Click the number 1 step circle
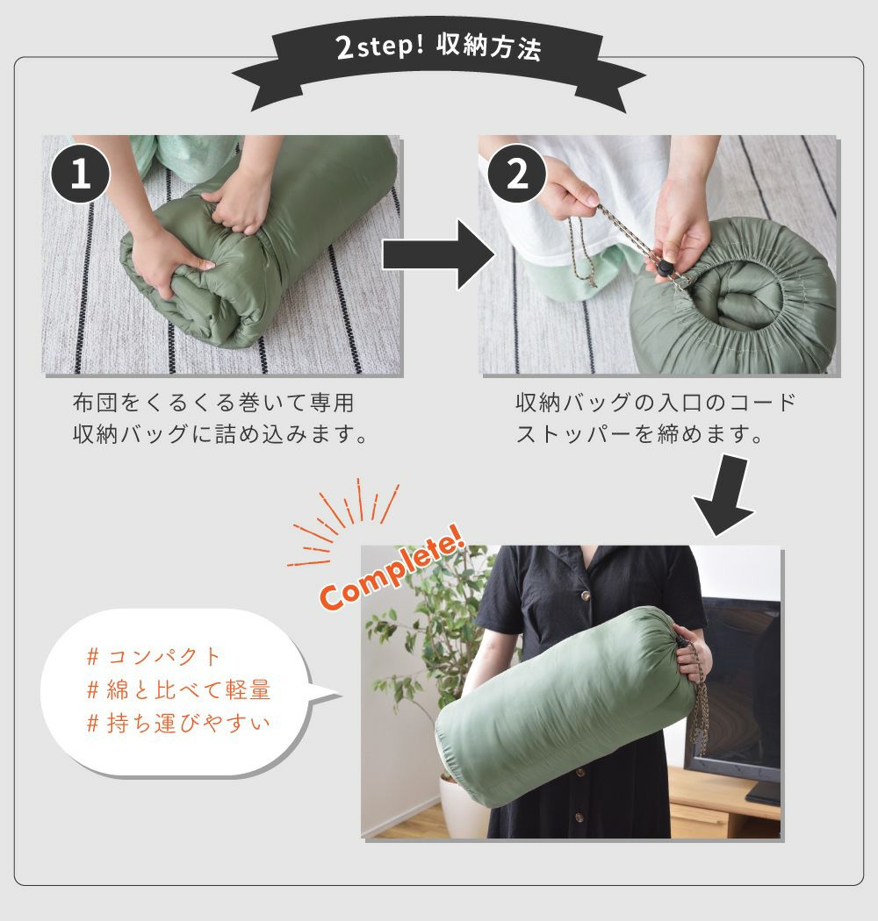click(81, 174)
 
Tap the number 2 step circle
click(517, 174)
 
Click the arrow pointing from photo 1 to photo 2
click(439, 255)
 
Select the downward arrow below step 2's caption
click(724, 495)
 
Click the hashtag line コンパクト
click(154, 656)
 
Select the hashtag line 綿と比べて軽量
click(178, 689)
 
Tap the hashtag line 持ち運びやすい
click(178, 723)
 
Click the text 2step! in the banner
click(379, 47)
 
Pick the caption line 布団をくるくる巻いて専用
click(213, 403)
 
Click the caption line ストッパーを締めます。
click(639, 435)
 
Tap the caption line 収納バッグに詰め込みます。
click(220, 435)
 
